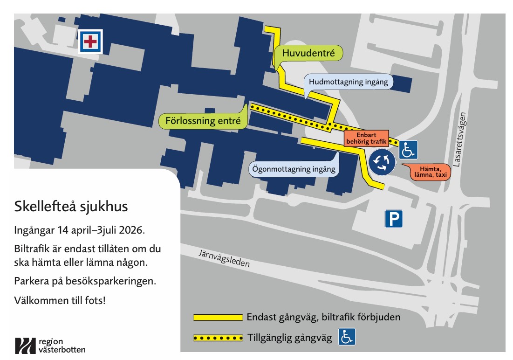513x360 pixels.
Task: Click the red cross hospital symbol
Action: [90, 42]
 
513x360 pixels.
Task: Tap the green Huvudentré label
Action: [308, 54]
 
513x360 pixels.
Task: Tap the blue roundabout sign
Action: [382, 162]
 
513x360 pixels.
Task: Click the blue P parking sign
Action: [393, 219]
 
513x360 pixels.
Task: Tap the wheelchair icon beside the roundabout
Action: [408, 150]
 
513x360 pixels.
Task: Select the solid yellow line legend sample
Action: [218, 318]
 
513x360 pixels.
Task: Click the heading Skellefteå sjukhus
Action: [71, 206]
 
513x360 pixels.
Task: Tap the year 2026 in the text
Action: [133, 230]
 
